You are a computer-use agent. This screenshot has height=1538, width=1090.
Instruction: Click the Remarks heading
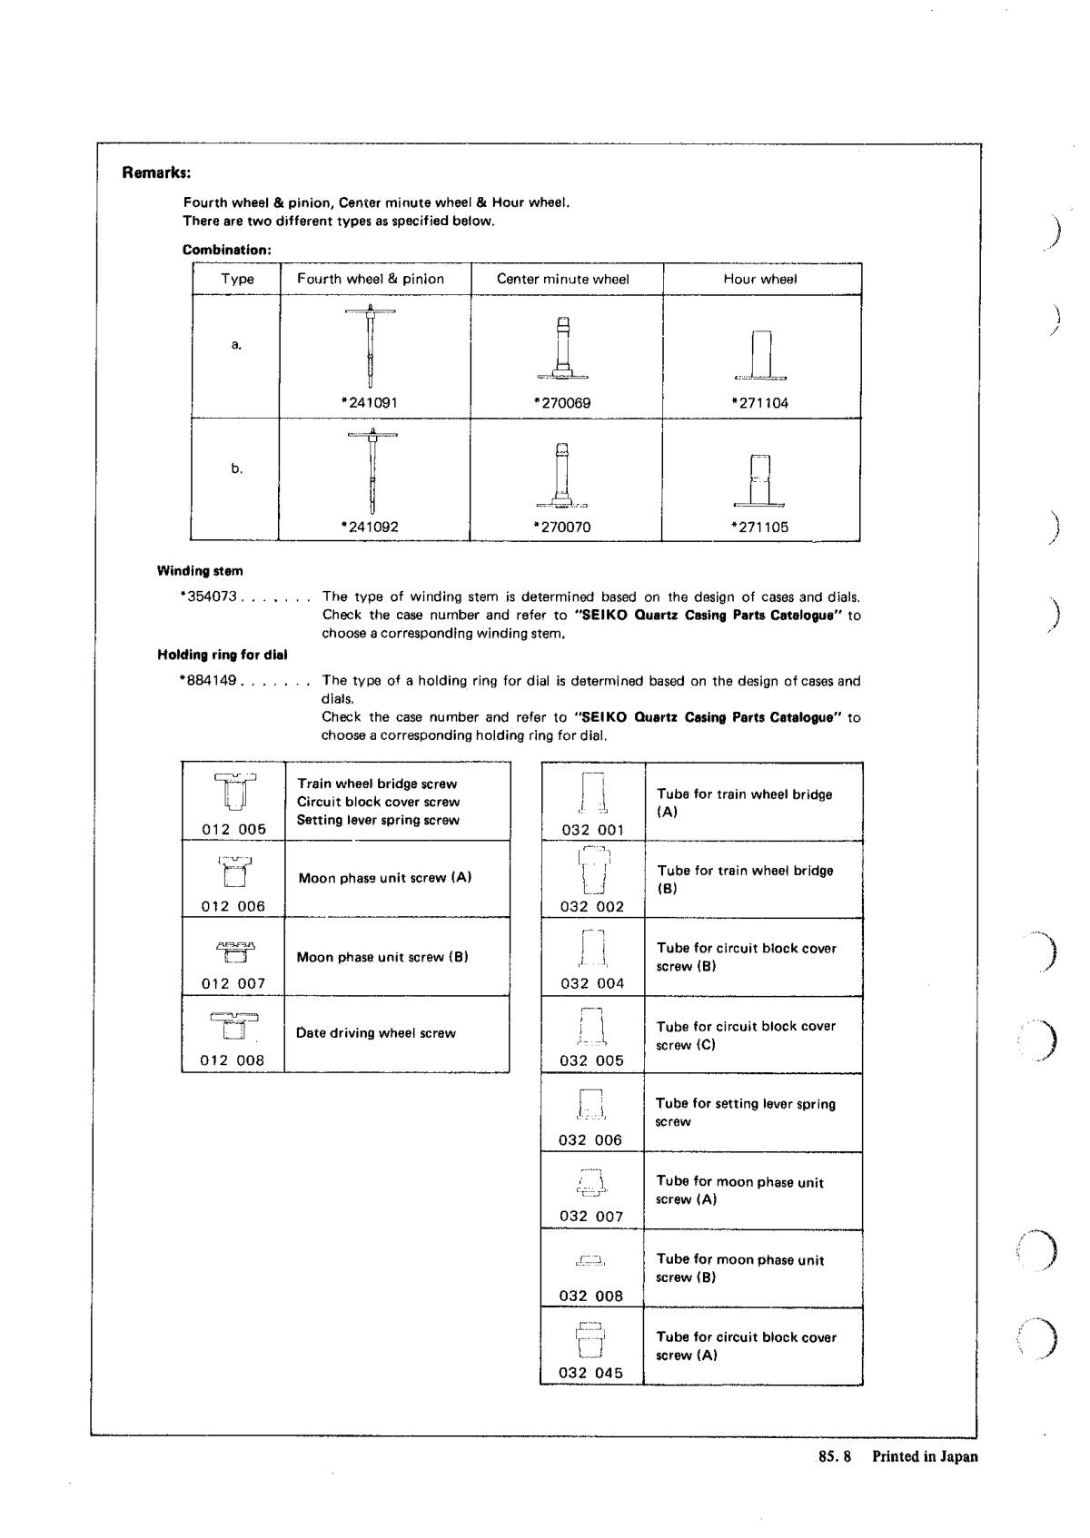point(156,173)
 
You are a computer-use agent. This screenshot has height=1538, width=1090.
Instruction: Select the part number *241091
point(369,402)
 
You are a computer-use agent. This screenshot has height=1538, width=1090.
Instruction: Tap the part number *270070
point(562,527)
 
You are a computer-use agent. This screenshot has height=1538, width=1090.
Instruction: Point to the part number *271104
point(759,402)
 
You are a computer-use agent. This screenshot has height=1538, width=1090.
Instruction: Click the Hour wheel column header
point(760,279)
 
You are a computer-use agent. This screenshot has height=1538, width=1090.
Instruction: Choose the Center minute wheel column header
point(562,279)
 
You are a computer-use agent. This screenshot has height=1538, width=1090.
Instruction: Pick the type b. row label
point(236,468)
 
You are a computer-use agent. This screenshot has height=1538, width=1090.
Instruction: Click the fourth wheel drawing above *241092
point(372,470)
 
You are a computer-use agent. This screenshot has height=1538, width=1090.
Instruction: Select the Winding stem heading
point(200,571)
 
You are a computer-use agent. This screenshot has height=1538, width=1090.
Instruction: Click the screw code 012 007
point(233,983)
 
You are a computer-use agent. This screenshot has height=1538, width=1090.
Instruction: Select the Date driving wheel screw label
point(376,1033)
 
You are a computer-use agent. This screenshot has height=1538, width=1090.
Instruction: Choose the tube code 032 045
point(591,1373)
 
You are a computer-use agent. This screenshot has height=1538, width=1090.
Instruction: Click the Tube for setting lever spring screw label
point(745,1112)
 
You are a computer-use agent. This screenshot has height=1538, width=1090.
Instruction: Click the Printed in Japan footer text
point(925,1456)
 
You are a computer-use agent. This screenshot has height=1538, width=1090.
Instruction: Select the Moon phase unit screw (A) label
point(384,878)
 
